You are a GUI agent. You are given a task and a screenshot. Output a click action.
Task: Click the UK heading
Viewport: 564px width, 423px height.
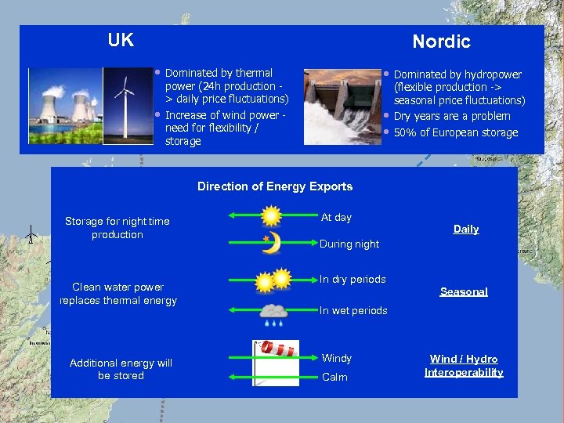(121, 40)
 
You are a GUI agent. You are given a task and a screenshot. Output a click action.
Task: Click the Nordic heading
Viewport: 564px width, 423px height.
(441, 42)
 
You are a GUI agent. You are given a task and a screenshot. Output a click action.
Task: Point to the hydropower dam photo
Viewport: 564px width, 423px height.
(342, 107)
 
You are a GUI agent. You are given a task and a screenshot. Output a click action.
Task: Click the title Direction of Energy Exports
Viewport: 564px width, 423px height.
(275, 186)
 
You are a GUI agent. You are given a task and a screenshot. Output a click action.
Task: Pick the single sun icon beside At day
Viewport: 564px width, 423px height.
(271, 215)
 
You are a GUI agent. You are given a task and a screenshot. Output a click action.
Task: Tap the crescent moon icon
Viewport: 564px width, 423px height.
(271, 243)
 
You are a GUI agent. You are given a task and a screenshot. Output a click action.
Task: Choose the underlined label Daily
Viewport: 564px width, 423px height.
(466, 229)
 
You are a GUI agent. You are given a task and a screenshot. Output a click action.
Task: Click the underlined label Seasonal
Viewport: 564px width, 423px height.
(464, 291)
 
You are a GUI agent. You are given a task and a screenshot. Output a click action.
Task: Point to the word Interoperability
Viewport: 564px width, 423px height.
(464, 372)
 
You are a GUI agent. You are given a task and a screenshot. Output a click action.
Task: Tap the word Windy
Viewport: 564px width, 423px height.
(337, 358)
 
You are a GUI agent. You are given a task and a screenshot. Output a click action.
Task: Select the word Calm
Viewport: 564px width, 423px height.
(334, 377)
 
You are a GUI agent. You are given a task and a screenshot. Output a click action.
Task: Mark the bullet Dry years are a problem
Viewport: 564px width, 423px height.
(451, 116)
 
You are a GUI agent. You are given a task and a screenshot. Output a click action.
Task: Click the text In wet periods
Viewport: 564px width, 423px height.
(353, 310)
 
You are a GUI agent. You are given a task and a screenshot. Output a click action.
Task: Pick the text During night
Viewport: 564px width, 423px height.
(349, 244)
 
